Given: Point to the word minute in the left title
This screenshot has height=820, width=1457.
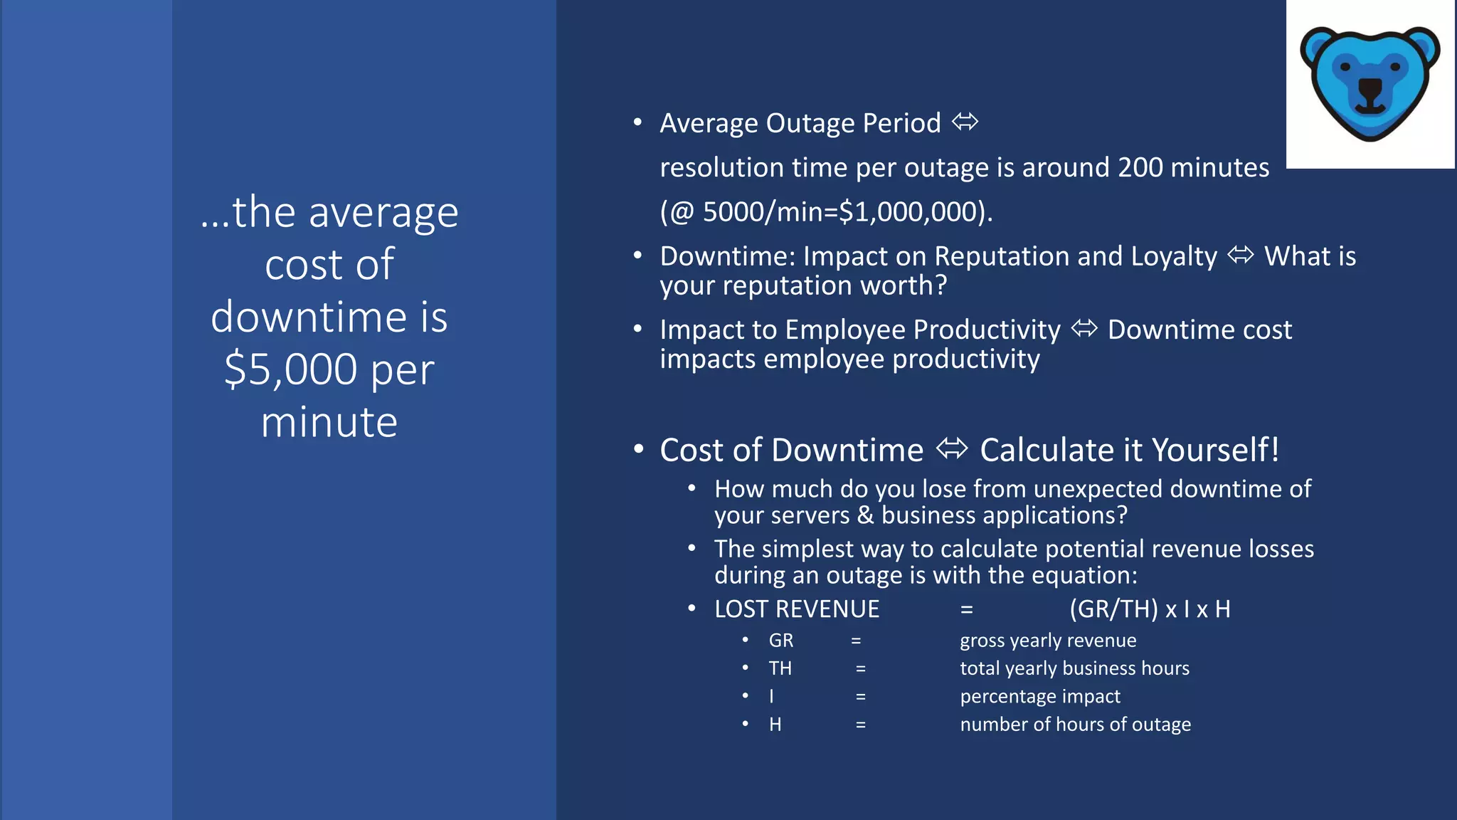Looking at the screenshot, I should [329, 422].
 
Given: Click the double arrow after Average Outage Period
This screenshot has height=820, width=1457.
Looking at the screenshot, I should [965, 122].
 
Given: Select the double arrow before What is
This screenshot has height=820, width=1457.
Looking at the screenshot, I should [1241, 255].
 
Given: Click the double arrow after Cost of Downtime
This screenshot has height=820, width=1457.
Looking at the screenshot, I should [952, 449].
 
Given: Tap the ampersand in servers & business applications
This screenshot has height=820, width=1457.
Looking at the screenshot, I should [865, 515].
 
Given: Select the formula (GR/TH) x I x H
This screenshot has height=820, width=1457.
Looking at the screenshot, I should [1150, 609].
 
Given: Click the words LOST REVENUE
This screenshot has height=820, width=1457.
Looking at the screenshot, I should [797, 609].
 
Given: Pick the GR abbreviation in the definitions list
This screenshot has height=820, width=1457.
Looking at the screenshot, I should [780, 641].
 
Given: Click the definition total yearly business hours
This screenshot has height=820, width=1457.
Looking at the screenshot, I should [1074, 668].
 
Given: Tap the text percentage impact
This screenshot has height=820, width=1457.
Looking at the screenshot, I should [1039, 696].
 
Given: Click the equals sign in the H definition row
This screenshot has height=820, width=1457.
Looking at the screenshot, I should [860, 725].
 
